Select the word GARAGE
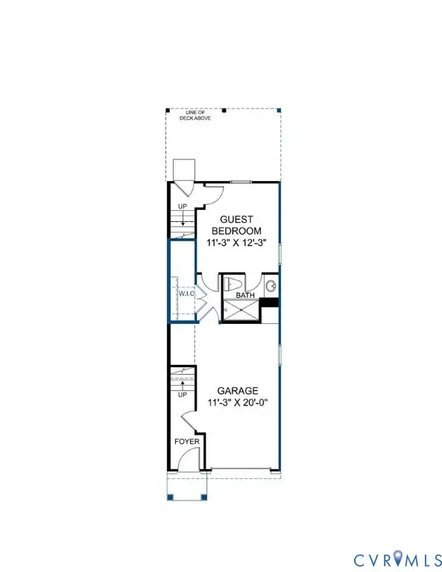coord(237,390)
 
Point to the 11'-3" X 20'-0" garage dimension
coord(237,403)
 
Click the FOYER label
coord(186,441)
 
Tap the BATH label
coord(245,296)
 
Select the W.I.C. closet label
coord(186,293)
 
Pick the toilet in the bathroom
coord(232,283)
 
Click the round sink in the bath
coord(271,285)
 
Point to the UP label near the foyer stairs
coord(182,395)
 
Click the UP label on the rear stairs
coord(182,206)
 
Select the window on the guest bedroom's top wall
coord(240,182)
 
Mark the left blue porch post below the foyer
coord(170,496)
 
